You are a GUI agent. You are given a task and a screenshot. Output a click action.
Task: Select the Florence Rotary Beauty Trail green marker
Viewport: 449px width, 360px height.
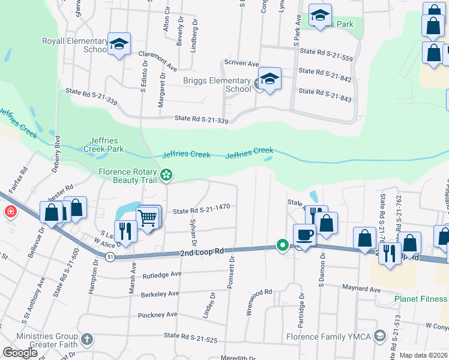point(167,175)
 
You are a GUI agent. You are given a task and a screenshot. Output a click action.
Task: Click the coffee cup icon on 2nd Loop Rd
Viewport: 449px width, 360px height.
point(304,235)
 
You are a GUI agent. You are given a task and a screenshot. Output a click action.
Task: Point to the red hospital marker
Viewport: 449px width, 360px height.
point(10,211)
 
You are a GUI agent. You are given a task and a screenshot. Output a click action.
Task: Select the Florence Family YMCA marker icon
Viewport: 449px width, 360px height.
point(379,335)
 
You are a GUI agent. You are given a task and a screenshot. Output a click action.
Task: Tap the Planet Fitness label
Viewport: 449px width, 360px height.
point(421,299)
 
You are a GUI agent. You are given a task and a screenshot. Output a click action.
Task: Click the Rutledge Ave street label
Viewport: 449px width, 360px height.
point(162,275)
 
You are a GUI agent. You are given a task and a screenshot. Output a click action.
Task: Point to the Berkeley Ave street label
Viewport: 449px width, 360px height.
point(160,294)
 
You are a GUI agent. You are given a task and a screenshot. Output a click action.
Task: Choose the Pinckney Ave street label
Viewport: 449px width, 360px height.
point(158,314)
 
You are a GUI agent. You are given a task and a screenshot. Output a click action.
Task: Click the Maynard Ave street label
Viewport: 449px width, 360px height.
point(362,289)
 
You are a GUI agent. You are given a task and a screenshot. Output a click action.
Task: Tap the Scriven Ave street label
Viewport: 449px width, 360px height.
point(241,63)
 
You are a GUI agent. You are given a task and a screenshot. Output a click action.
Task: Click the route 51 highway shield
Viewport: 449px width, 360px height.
point(110,257)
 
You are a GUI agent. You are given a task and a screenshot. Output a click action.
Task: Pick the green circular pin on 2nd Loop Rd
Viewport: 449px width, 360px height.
point(282,245)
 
